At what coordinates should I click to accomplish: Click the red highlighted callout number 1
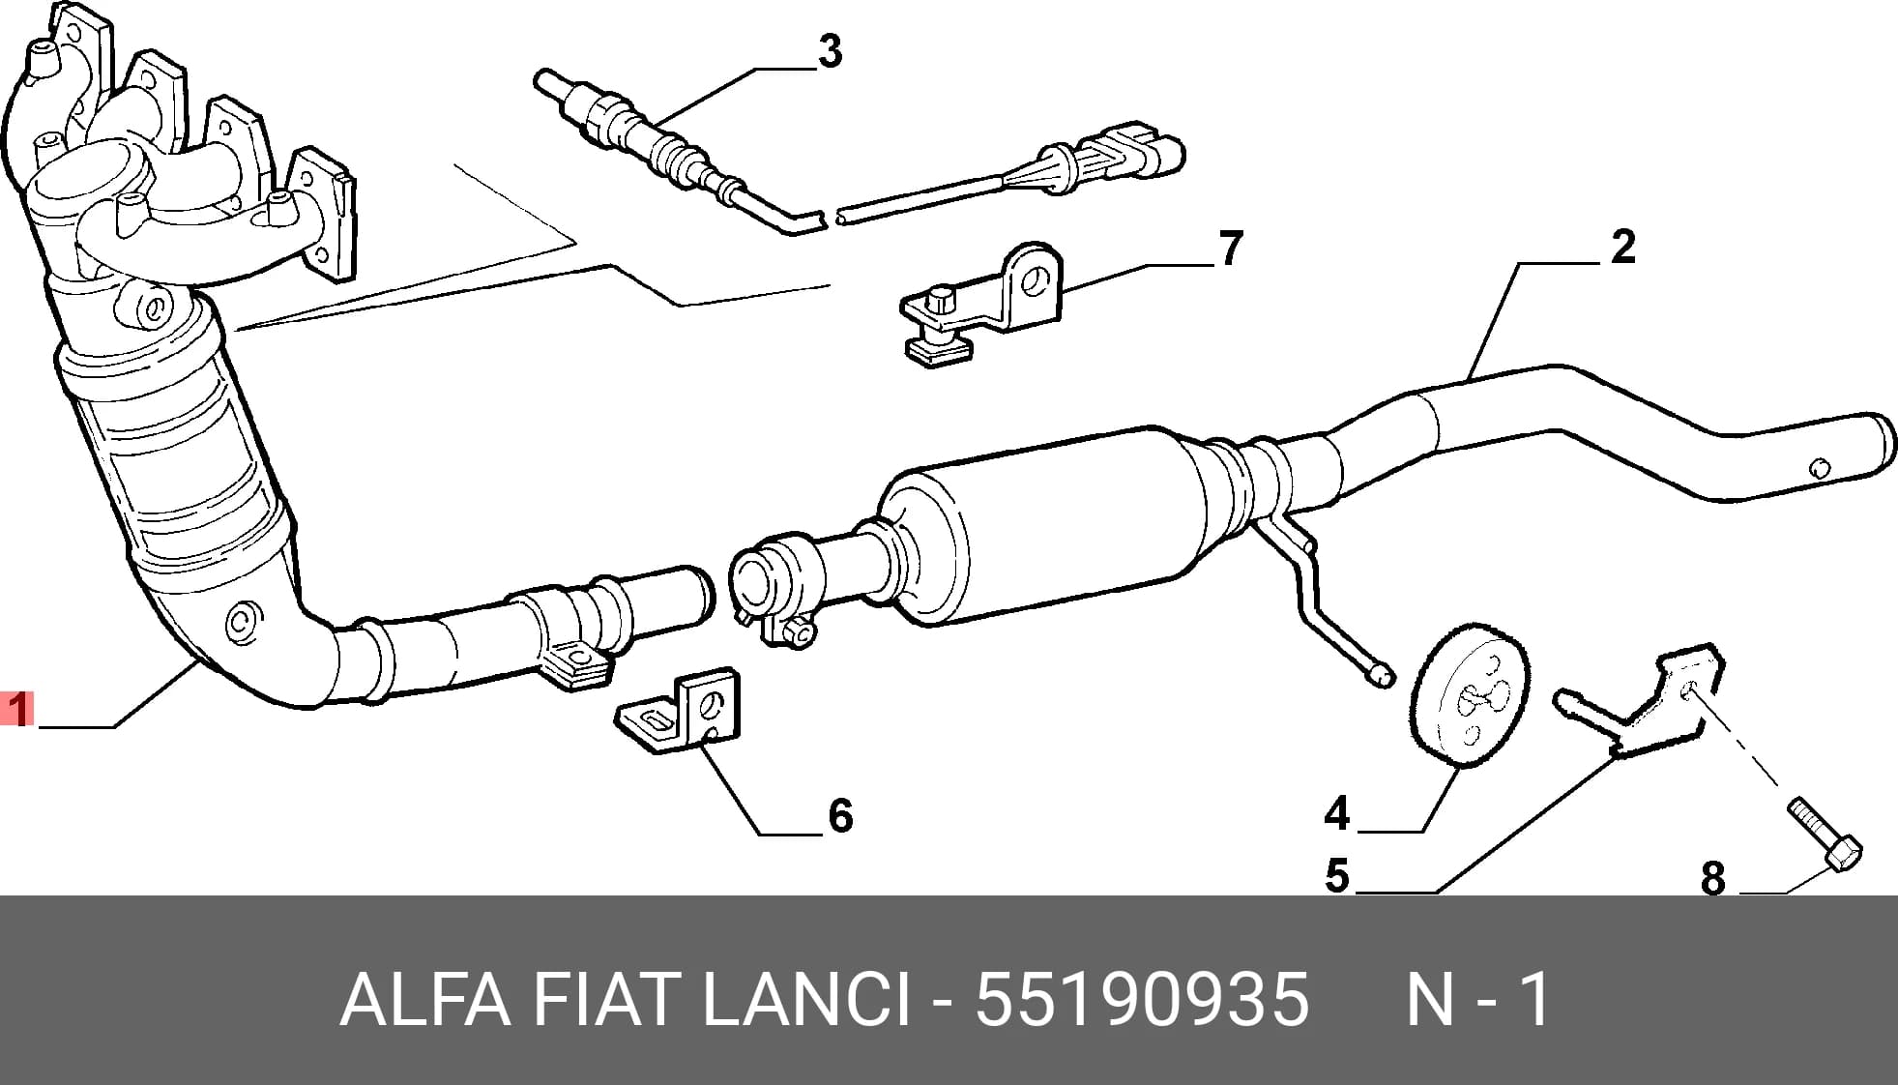click(17, 708)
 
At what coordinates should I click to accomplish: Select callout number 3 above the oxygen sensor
click(830, 51)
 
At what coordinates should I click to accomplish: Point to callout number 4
click(1336, 813)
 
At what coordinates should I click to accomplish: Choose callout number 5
click(1337, 876)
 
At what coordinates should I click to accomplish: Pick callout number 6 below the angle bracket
click(840, 816)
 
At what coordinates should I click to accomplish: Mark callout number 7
click(1230, 249)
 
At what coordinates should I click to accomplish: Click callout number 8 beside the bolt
click(1713, 879)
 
